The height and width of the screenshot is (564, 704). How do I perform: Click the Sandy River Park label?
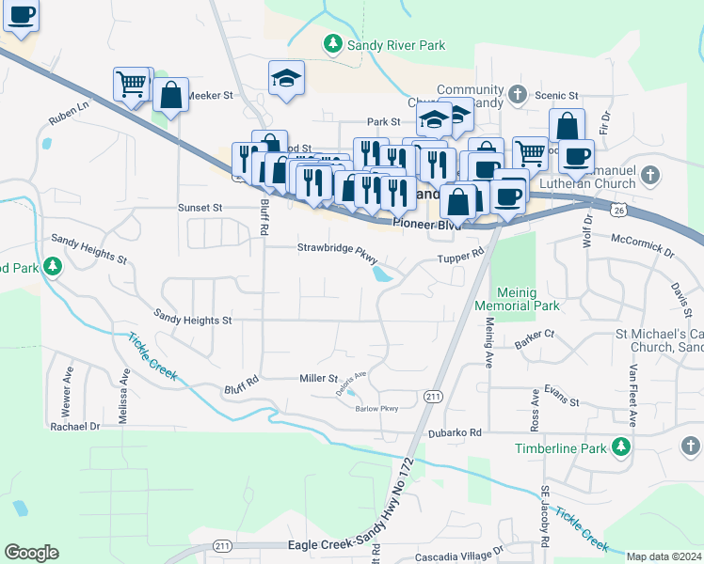[395, 44]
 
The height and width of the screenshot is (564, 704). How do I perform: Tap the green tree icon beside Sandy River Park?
[332, 43]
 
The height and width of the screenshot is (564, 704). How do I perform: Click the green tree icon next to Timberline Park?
[620, 448]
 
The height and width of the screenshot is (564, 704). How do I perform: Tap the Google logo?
[31, 553]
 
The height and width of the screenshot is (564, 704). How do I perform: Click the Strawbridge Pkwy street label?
[338, 248]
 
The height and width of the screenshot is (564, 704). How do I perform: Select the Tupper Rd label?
[459, 256]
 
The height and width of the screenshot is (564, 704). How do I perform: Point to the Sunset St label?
[200, 207]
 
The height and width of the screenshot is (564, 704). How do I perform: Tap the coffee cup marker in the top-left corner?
[21, 15]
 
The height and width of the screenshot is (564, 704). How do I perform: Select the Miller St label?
[318, 378]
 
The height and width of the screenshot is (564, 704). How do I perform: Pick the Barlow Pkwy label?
[376, 408]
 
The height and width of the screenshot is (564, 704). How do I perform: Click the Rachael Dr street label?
[75, 426]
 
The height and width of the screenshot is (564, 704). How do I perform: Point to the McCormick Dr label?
[642, 246]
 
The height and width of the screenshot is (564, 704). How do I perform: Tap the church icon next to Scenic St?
[517, 95]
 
